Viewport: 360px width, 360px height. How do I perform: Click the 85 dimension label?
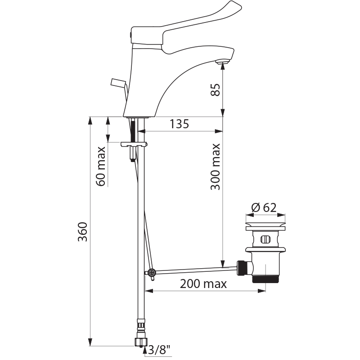click(216, 90)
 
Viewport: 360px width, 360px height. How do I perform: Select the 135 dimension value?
click(179, 124)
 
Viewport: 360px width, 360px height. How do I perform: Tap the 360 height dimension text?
click(83, 232)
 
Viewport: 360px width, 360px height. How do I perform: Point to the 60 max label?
click(100, 166)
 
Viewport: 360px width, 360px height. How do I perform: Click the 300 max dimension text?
click(216, 167)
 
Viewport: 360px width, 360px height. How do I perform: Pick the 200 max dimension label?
click(203, 284)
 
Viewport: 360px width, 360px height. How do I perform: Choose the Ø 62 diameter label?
click(264, 208)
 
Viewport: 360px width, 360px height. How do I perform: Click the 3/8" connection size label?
click(159, 350)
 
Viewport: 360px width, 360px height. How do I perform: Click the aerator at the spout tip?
click(223, 62)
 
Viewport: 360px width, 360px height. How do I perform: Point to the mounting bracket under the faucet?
click(134, 144)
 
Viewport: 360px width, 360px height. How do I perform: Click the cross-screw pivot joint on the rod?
click(151, 273)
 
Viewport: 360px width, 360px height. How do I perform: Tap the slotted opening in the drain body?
click(265, 239)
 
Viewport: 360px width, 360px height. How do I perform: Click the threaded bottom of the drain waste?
click(266, 279)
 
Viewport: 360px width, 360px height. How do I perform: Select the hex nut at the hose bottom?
click(140, 342)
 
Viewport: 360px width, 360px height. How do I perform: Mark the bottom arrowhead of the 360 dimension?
click(90, 342)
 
